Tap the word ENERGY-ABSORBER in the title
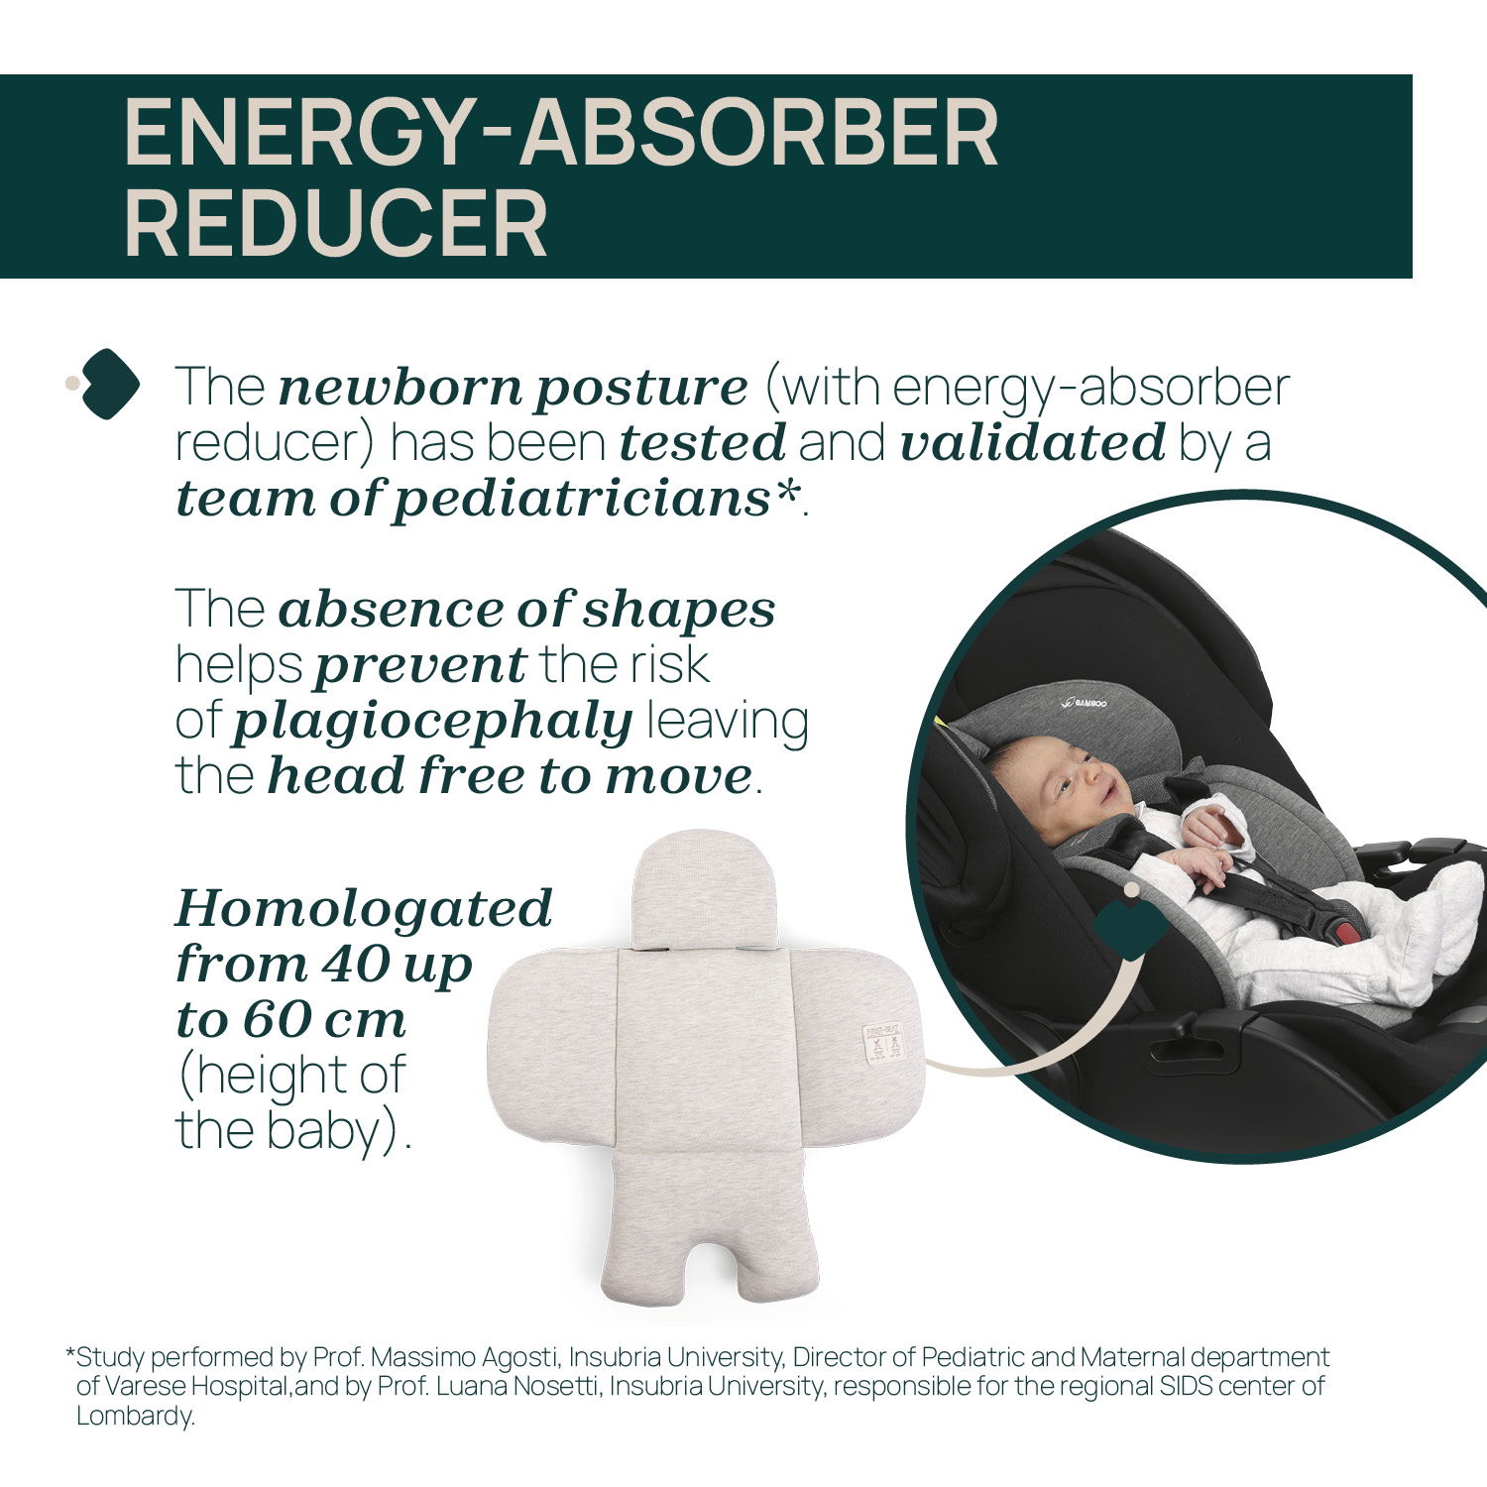pyautogui.click(x=561, y=132)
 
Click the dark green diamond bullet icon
pyautogui.click(x=110, y=385)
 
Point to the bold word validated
pyautogui.click(x=1032, y=443)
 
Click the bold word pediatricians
pyautogui.click(x=581, y=500)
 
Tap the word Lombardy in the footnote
pyautogui.click(x=136, y=1416)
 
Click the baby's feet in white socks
pyautogui.click(x=1442, y=917)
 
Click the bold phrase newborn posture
pyautogui.click(x=514, y=389)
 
